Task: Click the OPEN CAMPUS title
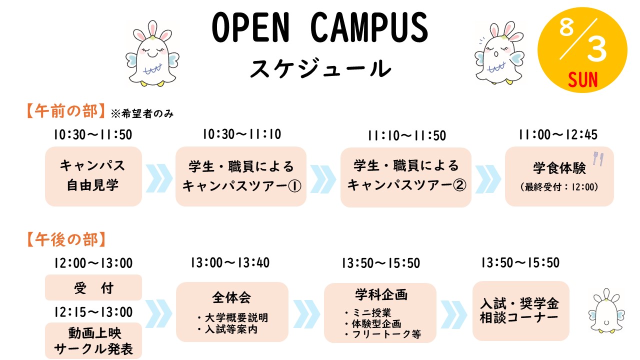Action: tap(320, 27)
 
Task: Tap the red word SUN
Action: tap(583, 79)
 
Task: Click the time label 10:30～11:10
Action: tap(242, 134)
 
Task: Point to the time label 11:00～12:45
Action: tap(558, 134)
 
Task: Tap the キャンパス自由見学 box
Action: tap(93, 176)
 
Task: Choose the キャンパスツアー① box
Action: tap(241, 176)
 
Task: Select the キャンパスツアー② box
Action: tap(405, 177)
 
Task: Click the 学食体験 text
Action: tap(559, 168)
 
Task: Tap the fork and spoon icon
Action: tap(598, 158)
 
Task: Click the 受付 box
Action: tap(93, 287)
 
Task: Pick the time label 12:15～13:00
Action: tap(93, 312)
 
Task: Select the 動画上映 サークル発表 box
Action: tap(93, 341)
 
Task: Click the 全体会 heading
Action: tap(231, 297)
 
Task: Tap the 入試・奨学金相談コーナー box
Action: tap(521, 311)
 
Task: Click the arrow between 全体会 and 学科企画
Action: tap(306, 314)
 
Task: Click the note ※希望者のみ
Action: tap(142, 113)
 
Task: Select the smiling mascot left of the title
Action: tap(152, 53)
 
